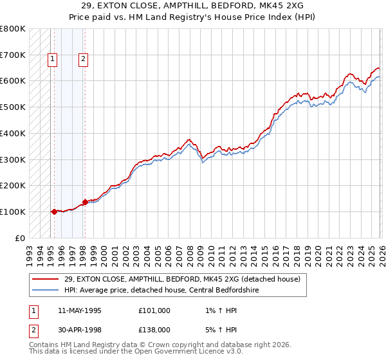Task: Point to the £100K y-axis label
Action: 12,212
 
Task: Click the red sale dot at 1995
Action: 54,211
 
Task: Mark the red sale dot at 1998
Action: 85,201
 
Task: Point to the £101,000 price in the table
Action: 154,310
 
